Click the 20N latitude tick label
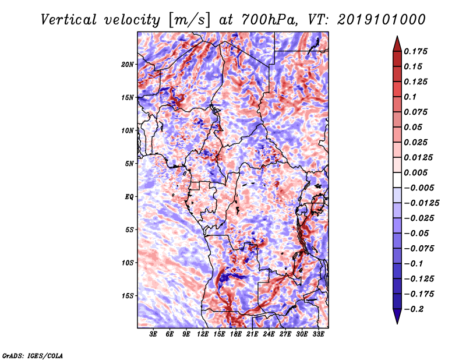point(128,65)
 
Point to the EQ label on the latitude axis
point(129,197)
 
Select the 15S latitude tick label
point(128,296)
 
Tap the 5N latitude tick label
point(129,164)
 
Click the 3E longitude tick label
point(153,334)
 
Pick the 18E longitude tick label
point(236,334)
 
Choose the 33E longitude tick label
point(318,334)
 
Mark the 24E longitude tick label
point(269,334)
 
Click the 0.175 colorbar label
point(415,51)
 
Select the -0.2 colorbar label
point(414,309)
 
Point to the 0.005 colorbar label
point(415,172)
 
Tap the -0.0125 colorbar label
point(421,203)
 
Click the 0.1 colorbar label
point(410,97)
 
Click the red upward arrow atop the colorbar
point(397,44)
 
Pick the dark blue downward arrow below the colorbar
point(397,316)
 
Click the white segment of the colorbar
point(397,180)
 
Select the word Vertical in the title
point(69,20)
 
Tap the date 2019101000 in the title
point(382,20)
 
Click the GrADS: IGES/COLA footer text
point(33,356)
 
